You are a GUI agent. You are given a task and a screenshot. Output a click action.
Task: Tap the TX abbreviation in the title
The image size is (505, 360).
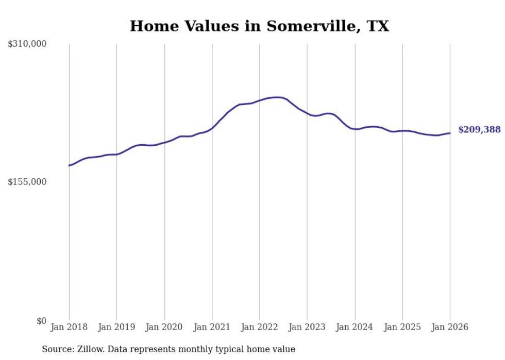378,26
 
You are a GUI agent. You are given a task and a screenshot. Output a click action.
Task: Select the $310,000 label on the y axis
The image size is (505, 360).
27,44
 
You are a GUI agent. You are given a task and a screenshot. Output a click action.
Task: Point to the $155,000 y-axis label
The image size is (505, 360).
27,182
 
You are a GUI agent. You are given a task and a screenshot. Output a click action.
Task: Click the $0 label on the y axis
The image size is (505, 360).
41,321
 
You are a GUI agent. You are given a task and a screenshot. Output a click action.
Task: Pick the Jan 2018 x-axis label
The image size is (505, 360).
69,327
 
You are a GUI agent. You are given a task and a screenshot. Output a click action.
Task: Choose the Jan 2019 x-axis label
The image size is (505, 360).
116,327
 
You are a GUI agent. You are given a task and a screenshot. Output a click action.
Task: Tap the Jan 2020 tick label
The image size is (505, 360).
164,327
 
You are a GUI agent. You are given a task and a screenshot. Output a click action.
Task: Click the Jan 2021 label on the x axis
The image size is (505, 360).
212,327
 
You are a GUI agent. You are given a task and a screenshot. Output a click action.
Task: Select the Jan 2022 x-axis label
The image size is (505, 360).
260,327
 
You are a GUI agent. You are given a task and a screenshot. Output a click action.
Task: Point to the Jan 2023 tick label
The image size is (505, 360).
307,327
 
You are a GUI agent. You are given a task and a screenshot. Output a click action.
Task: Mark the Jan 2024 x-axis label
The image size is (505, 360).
355,327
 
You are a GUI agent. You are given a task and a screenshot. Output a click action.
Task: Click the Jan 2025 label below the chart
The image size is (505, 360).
402,327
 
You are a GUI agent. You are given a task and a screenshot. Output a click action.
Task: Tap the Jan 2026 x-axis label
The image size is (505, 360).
450,327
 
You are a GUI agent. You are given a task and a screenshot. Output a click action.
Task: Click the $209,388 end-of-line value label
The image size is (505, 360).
479,130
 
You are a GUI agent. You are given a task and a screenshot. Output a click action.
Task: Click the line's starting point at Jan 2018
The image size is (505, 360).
69,165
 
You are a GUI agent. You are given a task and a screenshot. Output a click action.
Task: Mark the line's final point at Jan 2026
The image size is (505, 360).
450,133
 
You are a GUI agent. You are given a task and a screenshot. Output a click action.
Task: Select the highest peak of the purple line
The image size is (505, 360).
278,97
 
